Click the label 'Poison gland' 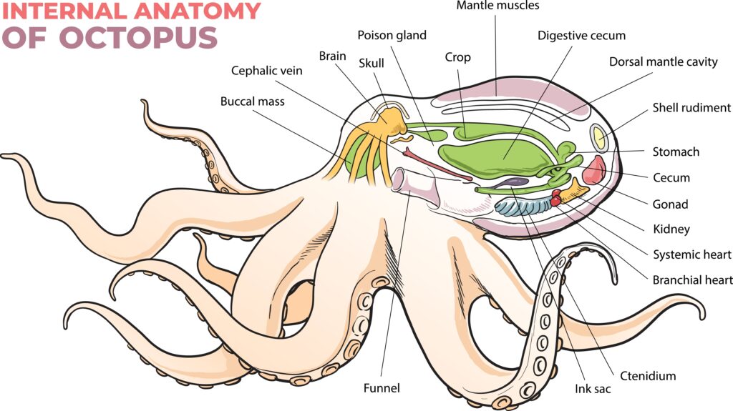click(x=392, y=36)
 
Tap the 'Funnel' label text click(x=382, y=388)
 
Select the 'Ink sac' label click(x=593, y=389)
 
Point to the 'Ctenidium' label click(x=648, y=376)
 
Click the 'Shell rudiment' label click(x=691, y=108)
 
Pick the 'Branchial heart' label click(x=692, y=280)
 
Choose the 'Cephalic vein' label click(x=267, y=71)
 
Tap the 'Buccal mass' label click(x=253, y=101)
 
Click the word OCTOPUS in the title click(x=138, y=37)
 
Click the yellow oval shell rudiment click(x=599, y=137)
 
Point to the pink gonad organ click(x=594, y=170)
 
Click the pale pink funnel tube click(x=416, y=187)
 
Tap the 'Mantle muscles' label click(x=498, y=6)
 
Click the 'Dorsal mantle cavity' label click(x=663, y=62)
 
